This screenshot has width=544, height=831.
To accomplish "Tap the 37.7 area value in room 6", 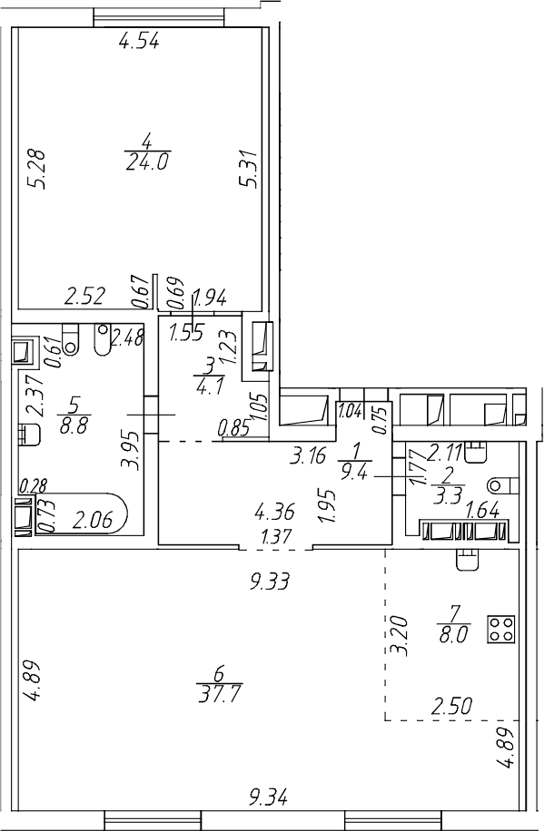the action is coord(219,693).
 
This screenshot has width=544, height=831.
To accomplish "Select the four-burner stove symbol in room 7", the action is coord(500,630).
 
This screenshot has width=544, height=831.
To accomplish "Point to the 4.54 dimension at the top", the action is coord(139,42).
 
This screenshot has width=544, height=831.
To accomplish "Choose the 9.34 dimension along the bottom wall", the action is coord(270,797).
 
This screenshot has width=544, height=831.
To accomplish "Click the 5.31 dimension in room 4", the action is coord(249,169).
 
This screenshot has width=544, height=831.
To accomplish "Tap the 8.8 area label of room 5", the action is coord(74,425).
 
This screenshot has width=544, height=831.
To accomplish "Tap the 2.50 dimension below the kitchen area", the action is coord(451,707).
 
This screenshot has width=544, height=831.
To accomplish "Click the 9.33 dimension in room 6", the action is coord(270,582).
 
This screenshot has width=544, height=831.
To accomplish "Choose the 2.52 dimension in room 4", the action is coord(85,297).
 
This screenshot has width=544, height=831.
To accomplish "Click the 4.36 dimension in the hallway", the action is coord(274,513).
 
